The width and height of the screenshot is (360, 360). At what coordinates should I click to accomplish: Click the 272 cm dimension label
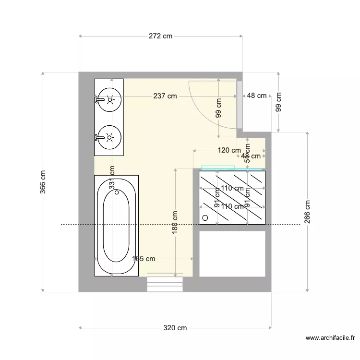click(x=160, y=36)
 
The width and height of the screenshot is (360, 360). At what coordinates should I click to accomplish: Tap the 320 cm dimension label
click(x=175, y=328)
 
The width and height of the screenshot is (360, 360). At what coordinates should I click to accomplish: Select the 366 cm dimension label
click(x=43, y=182)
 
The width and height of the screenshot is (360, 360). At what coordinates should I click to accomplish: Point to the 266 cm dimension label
click(x=308, y=212)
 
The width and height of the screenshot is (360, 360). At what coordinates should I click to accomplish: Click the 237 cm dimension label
click(x=165, y=96)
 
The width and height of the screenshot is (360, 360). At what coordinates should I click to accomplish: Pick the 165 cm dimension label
click(x=144, y=259)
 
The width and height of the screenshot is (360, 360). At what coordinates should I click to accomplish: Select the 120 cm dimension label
click(x=229, y=150)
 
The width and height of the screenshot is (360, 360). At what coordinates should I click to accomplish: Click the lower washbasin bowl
click(x=110, y=137)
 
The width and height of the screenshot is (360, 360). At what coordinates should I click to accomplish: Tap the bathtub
click(x=117, y=226)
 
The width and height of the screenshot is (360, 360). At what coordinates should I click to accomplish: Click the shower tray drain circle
click(x=205, y=218)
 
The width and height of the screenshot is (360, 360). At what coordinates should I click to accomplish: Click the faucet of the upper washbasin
click(x=99, y=100)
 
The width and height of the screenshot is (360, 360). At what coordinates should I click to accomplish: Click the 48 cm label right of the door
click(x=256, y=96)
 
